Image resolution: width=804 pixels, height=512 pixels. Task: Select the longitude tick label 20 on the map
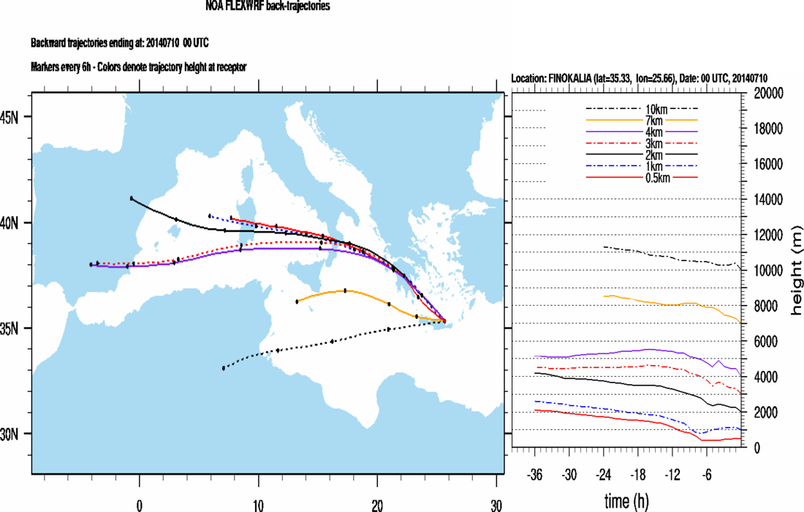pos(377,504)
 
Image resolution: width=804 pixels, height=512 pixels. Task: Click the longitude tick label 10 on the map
pos(258,504)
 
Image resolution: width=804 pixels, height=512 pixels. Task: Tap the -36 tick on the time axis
pos(535,473)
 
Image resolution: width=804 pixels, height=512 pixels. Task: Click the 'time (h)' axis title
pos(628,501)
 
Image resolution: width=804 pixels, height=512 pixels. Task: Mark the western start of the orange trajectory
pos(297,301)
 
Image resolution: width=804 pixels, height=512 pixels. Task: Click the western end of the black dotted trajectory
pos(224,368)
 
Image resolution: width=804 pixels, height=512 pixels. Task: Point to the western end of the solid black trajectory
pos(132,198)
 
